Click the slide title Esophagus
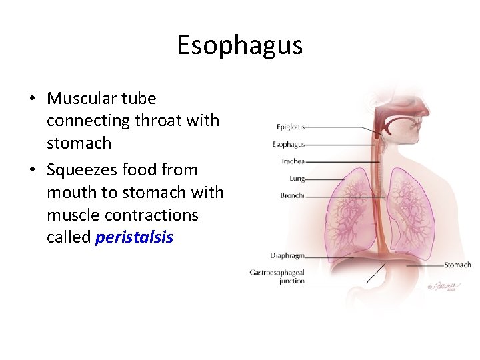[x=240, y=45]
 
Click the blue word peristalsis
[x=134, y=237]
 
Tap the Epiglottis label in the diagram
[x=291, y=127]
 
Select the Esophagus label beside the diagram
[x=288, y=144]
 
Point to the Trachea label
[x=292, y=161]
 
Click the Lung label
[x=297, y=179]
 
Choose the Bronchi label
[x=292, y=195]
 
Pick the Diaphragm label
[x=287, y=255]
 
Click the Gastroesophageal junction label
[x=277, y=276]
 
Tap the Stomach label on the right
[x=457, y=265]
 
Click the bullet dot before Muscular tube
[x=32, y=99]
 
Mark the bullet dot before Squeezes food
[x=32, y=171]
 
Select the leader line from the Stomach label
[x=424, y=265]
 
